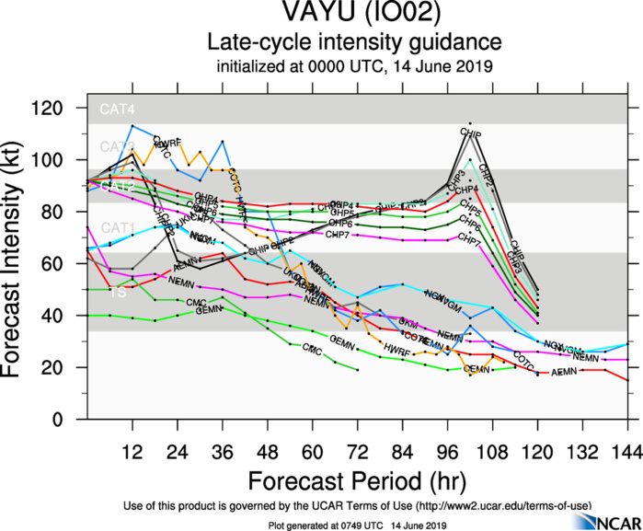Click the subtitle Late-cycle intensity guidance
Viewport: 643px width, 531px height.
coord(354,42)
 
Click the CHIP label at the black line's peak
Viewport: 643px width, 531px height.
coord(470,134)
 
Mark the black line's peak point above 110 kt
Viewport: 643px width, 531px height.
coord(470,123)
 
